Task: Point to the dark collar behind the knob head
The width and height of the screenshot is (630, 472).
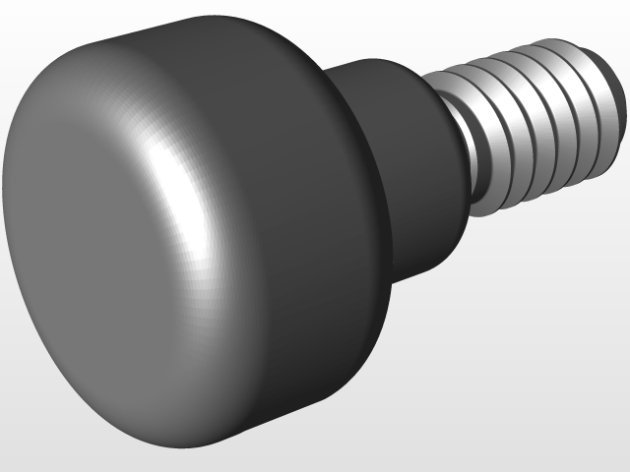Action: tap(413, 147)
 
